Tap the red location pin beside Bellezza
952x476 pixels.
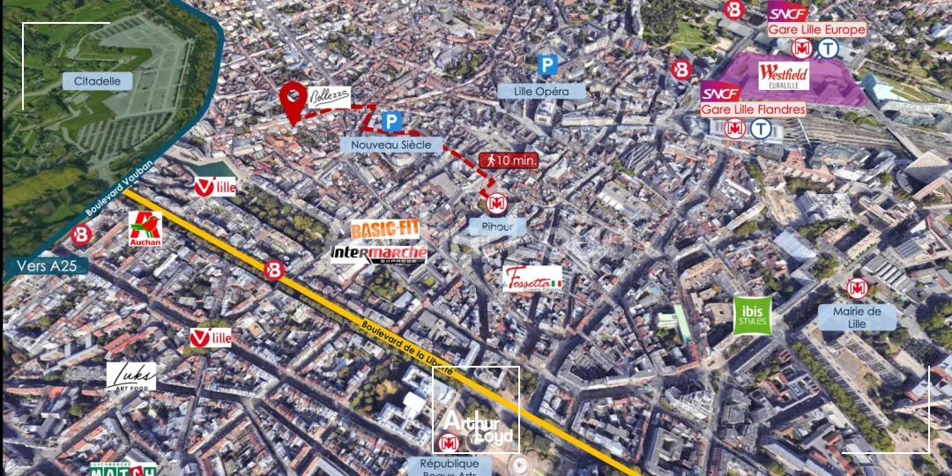[x=294, y=100]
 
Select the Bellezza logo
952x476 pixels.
[x=329, y=96]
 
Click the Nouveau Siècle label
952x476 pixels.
[x=391, y=145]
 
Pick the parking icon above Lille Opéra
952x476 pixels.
[x=548, y=65]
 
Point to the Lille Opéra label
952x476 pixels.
[x=541, y=91]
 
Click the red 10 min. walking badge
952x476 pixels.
[x=508, y=160]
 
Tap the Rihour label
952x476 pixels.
[x=497, y=227]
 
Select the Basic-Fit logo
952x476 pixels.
[x=384, y=230]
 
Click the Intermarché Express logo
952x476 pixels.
[x=379, y=254]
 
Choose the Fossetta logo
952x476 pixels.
[x=532, y=280]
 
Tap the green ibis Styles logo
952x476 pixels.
[x=753, y=316]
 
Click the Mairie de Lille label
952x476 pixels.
[x=857, y=317]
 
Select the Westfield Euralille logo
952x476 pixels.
[x=783, y=76]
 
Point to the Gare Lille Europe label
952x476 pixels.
[x=816, y=29]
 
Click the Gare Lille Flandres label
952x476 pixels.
[x=753, y=109]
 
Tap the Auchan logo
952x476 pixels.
[x=145, y=229]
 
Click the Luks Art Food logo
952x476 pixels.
[x=131, y=376]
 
